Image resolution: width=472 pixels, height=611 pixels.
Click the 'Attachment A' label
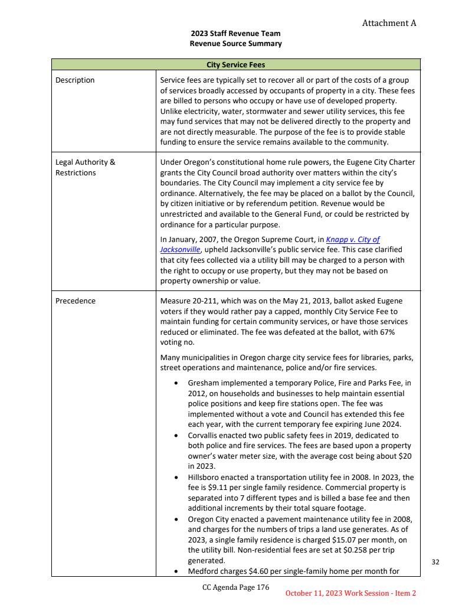click(389, 23)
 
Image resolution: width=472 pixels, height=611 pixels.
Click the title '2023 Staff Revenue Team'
click(235, 34)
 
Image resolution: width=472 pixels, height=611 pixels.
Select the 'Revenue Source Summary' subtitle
click(235, 44)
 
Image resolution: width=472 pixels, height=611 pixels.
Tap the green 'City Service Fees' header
click(235, 64)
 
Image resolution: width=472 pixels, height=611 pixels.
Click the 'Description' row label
click(75, 80)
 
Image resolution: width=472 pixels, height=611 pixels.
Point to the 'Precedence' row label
click(76, 301)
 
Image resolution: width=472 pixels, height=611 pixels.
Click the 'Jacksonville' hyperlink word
click(180, 250)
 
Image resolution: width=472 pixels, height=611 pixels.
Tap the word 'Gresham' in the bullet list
click(203, 383)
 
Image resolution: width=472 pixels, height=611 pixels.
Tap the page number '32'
click(435, 562)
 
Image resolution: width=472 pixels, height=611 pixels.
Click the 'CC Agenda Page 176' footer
click(235, 587)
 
